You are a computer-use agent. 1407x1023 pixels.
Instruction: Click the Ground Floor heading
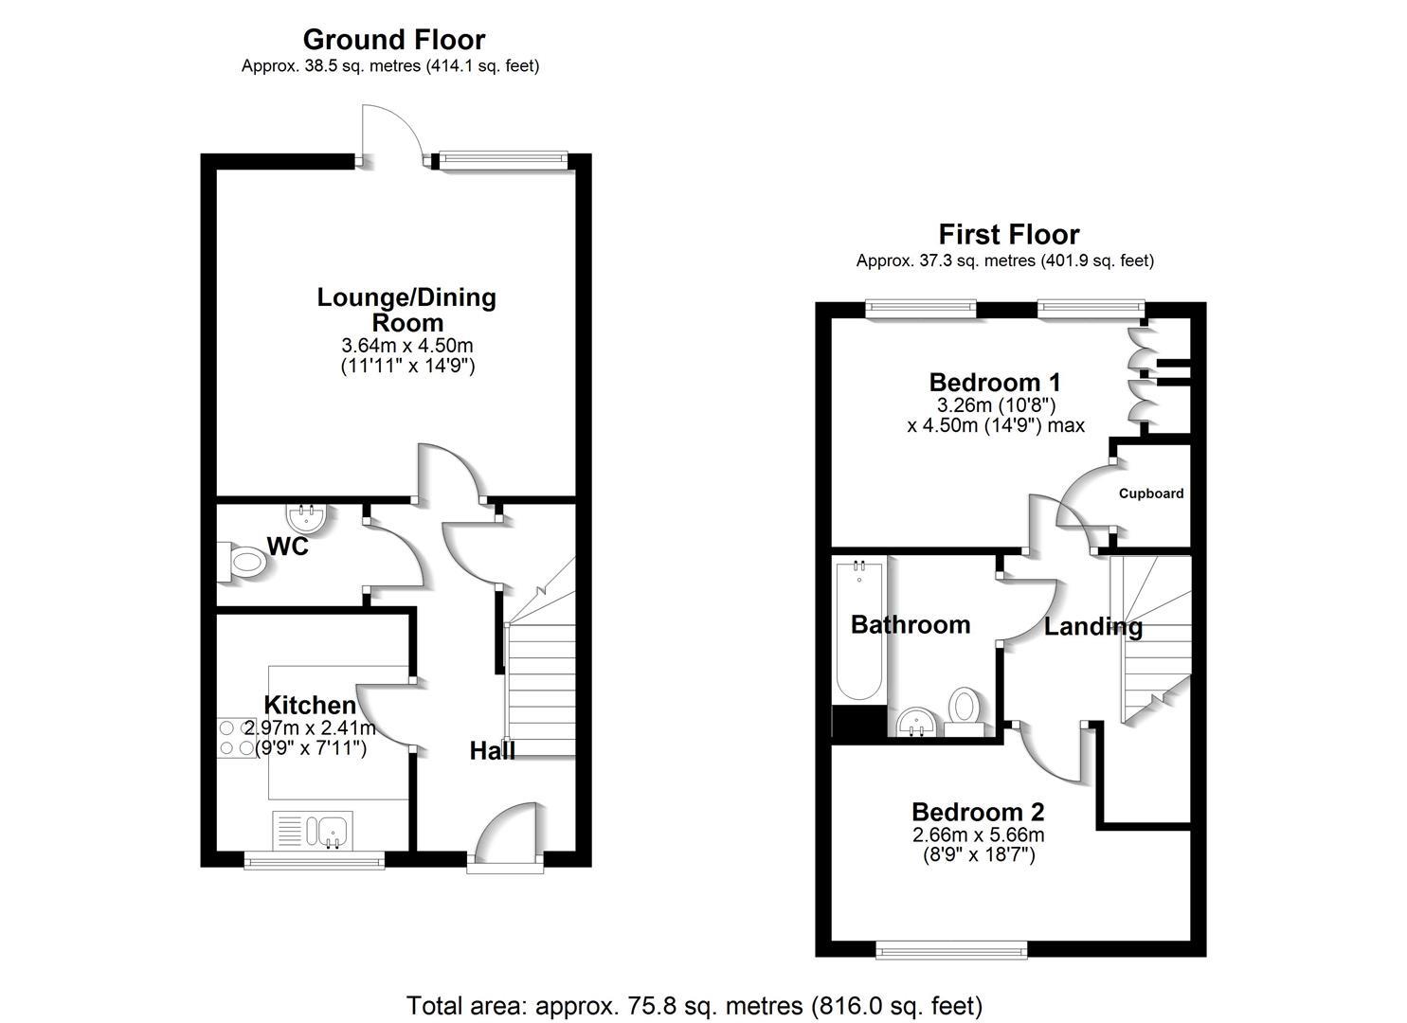coord(393,40)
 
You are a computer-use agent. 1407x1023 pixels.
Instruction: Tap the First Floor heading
coord(1008,234)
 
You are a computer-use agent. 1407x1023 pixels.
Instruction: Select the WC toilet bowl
coord(243,563)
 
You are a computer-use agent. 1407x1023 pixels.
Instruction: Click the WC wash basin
coord(306,518)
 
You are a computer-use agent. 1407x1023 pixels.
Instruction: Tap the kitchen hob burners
coord(235,738)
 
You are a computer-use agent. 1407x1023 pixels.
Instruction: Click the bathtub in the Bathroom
coord(858,630)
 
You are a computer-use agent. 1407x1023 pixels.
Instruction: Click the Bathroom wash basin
coord(914,723)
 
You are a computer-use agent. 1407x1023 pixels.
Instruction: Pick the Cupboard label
coord(1150,494)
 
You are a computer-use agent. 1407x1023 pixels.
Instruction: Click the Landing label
coord(1092,626)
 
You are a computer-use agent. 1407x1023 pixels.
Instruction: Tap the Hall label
coord(493,751)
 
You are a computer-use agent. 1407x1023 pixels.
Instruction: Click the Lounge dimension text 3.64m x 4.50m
coord(407,346)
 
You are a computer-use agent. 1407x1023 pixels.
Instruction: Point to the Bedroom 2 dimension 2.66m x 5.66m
coord(978,835)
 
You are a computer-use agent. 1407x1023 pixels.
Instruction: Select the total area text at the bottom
coord(694,1005)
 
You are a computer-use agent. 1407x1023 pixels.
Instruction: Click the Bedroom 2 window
coord(951,948)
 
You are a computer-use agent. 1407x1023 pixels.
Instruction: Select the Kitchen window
coord(314,860)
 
